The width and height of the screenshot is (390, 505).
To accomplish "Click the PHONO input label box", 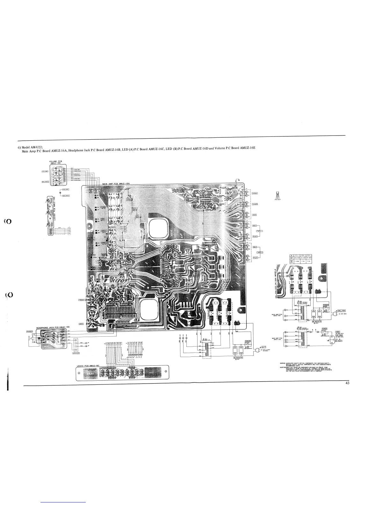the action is [255, 193].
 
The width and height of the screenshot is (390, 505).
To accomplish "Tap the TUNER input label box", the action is [255, 204].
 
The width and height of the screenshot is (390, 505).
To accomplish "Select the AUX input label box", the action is [255, 215].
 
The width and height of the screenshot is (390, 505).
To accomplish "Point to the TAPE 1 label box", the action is [260, 231].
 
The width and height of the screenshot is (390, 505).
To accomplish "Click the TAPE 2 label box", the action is [260, 252].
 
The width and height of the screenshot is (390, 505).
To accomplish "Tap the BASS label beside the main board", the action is [81, 324].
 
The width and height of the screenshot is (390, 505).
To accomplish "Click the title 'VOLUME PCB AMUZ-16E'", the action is [57, 162].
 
